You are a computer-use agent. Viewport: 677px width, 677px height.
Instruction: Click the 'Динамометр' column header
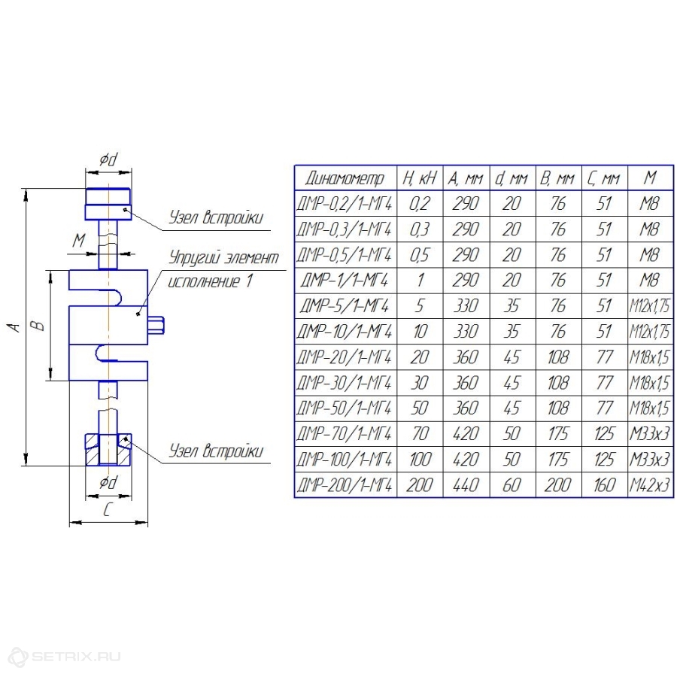[345, 178]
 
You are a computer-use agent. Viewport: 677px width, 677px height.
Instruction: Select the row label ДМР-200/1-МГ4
[345, 485]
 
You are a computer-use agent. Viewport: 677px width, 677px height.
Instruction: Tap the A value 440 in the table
[466, 485]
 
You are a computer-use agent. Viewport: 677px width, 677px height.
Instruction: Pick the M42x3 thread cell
[650, 485]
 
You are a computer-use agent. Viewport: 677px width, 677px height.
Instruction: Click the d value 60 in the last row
[512, 485]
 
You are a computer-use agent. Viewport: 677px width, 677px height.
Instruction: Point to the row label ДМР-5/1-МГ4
[345, 305]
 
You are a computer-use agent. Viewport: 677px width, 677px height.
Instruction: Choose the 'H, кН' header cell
[420, 178]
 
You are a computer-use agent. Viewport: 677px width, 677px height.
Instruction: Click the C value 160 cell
[604, 485]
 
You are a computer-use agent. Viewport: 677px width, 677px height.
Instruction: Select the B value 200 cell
[558, 485]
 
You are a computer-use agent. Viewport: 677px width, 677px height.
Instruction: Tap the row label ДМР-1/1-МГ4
[345, 281]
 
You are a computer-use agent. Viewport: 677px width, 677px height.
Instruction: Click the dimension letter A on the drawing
[15, 327]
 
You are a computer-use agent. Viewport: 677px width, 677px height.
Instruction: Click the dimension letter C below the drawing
[108, 510]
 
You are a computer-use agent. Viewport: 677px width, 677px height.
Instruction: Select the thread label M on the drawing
[78, 240]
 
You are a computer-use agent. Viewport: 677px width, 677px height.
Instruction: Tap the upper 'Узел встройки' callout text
[215, 217]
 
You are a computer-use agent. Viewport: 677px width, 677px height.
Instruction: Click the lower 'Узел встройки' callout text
[215, 451]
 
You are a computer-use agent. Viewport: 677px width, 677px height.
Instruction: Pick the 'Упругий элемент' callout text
[223, 258]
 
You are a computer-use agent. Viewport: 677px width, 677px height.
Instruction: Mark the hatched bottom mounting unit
[108, 449]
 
